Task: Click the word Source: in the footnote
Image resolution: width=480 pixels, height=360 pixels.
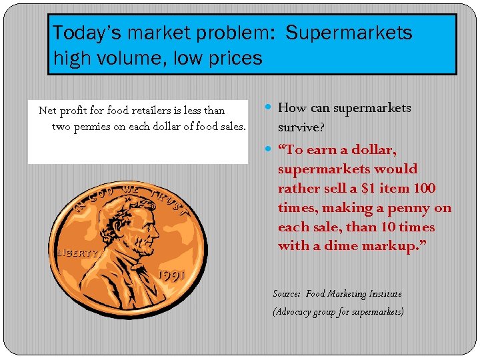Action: click(287, 293)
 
